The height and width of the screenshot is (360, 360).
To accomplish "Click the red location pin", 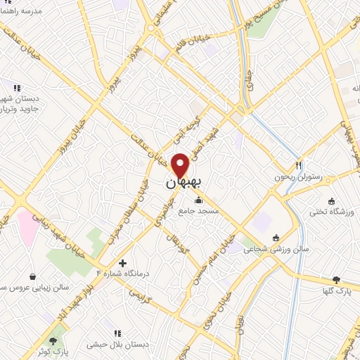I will (181, 165).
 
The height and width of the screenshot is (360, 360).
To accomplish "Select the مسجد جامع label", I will (199, 211).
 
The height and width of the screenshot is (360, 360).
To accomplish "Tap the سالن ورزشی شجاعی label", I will (276, 249).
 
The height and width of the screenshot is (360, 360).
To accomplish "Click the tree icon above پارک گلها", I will (335, 280).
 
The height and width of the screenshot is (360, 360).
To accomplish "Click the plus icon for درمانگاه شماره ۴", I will (123, 264).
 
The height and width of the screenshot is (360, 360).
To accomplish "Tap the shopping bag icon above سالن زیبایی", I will (33, 277).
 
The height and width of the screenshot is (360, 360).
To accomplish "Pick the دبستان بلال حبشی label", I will (116, 345).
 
